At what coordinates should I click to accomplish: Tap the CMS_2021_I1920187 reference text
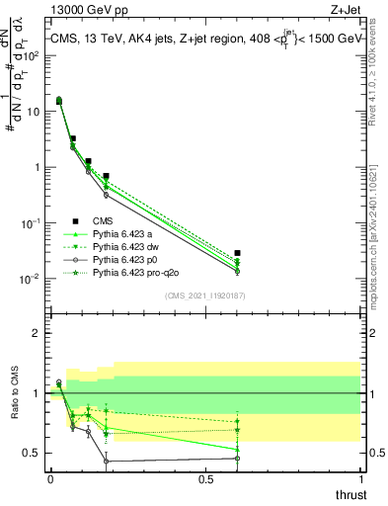203,295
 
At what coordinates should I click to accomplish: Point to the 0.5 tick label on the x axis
205,479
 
